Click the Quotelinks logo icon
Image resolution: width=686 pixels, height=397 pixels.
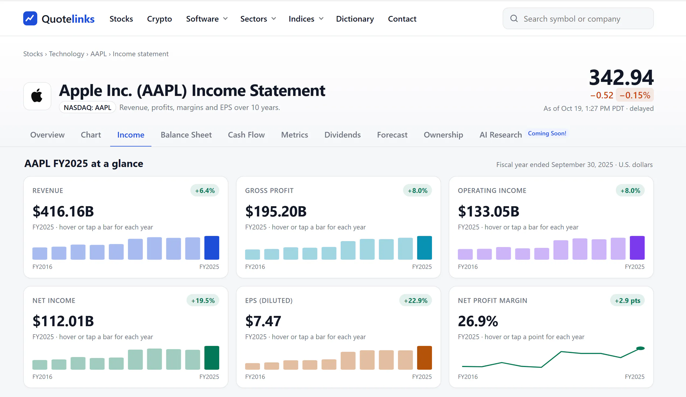click(x=30, y=19)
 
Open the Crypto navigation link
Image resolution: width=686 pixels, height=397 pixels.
click(x=159, y=19)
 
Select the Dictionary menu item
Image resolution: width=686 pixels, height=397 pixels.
click(x=355, y=19)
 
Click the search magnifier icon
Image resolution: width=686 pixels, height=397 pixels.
click(x=514, y=19)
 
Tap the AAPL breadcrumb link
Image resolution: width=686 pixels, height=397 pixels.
click(x=99, y=54)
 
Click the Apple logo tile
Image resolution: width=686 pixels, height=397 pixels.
click(x=37, y=96)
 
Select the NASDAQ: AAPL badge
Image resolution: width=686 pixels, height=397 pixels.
click(x=87, y=107)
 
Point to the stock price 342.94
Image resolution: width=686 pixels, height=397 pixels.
click(x=621, y=77)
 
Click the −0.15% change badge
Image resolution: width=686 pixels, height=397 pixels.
click(x=635, y=95)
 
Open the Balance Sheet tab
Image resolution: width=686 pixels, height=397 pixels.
click(x=186, y=135)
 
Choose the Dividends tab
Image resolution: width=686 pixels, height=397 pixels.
click(x=342, y=135)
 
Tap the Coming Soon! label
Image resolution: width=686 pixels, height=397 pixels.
click(x=547, y=133)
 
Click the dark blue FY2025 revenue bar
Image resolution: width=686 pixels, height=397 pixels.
click(x=212, y=248)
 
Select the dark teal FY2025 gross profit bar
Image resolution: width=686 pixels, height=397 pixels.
click(x=424, y=248)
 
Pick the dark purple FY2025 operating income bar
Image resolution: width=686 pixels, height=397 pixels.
click(x=637, y=248)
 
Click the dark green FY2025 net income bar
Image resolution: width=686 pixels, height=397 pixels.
click(x=212, y=358)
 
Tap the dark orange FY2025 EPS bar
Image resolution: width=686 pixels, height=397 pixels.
click(x=424, y=358)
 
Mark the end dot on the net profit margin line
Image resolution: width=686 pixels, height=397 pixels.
click(x=640, y=348)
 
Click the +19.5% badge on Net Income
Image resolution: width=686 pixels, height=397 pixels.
click(x=203, y=300)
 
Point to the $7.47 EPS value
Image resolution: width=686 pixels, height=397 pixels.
click(x=263, y=321)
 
